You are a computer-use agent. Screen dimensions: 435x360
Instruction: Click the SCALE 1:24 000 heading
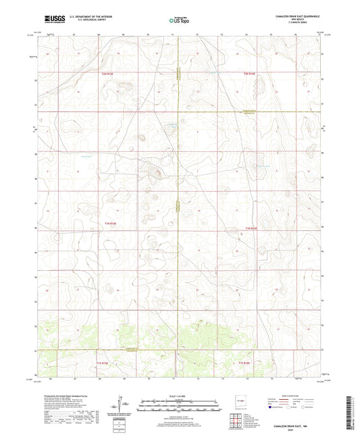[x=179, y=396]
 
